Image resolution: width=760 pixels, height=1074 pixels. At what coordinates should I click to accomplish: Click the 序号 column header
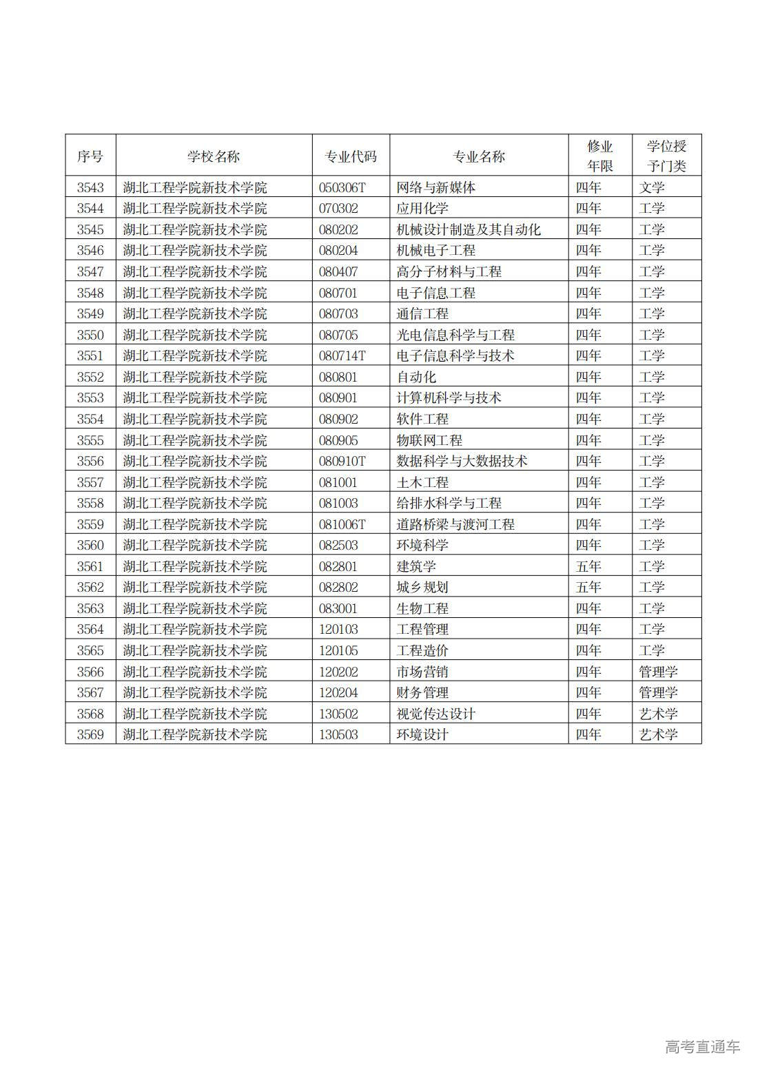(x=90, y=156)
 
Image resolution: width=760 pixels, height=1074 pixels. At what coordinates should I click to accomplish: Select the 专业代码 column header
(x=351, y=156)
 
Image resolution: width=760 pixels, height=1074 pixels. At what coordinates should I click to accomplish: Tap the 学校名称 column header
(x=214, y=156)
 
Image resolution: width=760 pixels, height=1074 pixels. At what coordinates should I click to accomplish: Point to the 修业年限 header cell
(x=599, y=156)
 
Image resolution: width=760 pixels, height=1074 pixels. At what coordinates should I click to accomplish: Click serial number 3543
(x=90, y=187)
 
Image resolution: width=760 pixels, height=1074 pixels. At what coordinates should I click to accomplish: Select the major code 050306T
(x=342, y=187)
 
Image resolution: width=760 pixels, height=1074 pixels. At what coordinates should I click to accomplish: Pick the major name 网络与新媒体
(x=436, y=187)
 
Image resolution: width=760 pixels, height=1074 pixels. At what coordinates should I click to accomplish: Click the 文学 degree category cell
(x=652, y=187)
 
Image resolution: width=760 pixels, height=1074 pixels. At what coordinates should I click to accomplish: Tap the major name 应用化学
(x=422, y=208)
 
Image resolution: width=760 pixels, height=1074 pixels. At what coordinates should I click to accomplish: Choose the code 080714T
(x=342, y=355)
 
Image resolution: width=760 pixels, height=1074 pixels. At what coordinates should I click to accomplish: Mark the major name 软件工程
(x=422, y=419)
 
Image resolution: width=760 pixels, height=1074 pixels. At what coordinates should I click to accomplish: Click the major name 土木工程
(x=422, y=482)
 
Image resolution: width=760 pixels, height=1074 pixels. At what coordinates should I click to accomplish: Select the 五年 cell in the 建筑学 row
(x=588, y=566)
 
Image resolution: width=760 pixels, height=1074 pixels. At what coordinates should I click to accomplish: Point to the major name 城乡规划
(x=422, y=587)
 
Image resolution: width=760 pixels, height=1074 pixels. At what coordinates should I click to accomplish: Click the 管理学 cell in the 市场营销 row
(x=658, y=672)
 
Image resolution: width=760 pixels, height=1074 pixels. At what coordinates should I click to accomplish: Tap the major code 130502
(x=338, y=714)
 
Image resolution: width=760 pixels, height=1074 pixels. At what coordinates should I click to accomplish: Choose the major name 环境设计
(x=422, y=734)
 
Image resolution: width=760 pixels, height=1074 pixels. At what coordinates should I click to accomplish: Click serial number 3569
(x=90, y=734)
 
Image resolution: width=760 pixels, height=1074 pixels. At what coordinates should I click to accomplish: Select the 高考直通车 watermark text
(x=702, y=1046)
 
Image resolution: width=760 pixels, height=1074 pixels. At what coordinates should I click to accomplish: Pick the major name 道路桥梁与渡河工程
(x=455, y=524)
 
